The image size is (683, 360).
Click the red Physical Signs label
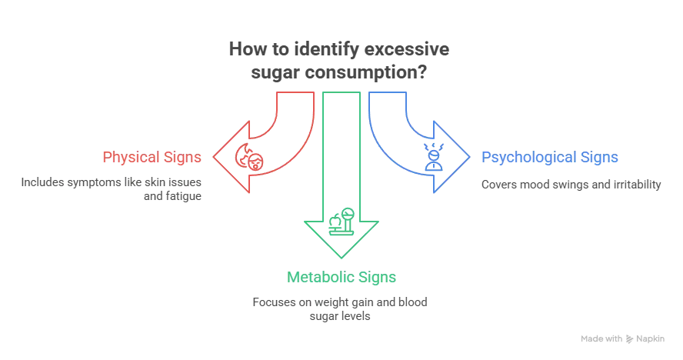point(152,158)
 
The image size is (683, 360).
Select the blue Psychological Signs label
point(550,158)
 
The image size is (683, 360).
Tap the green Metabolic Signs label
point(342,276)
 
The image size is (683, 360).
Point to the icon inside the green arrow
point(341,223)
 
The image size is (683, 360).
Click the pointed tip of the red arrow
point(214,158)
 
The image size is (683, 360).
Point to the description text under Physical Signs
point(112,189)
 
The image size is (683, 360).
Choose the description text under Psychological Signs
point(570,185)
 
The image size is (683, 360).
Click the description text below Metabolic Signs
point(341,308)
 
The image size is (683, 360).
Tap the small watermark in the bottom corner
point(621,338)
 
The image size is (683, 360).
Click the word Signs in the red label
point(182,158)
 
